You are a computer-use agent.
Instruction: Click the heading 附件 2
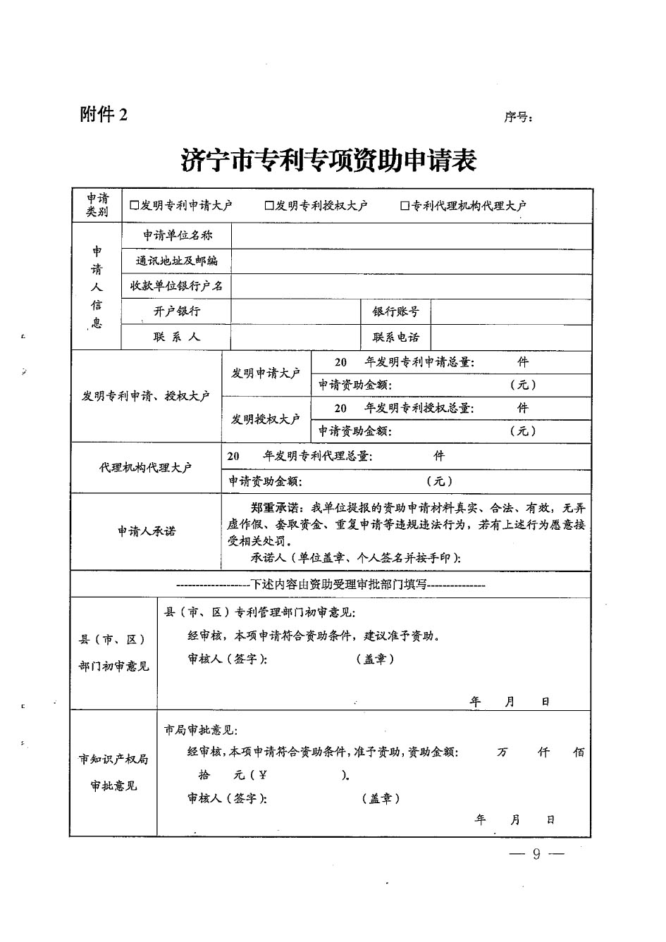pyautogui.click(x=104, y=114)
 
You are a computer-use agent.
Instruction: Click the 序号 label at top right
pyautogui.click(x=518, y=118)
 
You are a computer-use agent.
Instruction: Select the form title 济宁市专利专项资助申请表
pyautogui.click(x=329, y=161)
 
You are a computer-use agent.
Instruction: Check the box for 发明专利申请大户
pyautogui.click(x=135, y=206)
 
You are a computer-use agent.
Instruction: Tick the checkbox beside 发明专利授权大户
pyautogui.click(x=269, y=206)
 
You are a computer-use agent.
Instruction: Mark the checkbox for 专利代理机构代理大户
pyautogui.click(x=405, y=206)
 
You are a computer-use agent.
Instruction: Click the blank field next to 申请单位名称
pyautogui.click(x=411, y=235)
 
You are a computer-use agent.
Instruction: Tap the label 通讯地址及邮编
pyautogui.click(x=177, y=261)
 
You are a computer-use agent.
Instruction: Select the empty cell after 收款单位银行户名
pyautogui.click(x=411, y=286)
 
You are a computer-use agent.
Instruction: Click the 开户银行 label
pyautogui.click(x=177, y=311)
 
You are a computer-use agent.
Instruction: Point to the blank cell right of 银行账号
pyautogui.click(x=510, y=311)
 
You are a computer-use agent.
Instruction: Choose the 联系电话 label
pyautogui.click(x=396, y=337)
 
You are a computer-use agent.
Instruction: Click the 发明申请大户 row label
pyautogui.click(x=266, y=373)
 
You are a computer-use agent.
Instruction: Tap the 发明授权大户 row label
pyautogui.click(x=266, y=419)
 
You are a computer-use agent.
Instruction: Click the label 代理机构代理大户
pyautogui.click(x=146, y=467)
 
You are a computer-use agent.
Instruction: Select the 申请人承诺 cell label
pyautogui.click(x=147, y=531)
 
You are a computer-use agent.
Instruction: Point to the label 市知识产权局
pyautogui.click(x=113, y=760)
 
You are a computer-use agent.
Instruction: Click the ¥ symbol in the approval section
pyautogui.click(x=263, y=775)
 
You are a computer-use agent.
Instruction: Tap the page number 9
pyautogui.click(x=536, y=855)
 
